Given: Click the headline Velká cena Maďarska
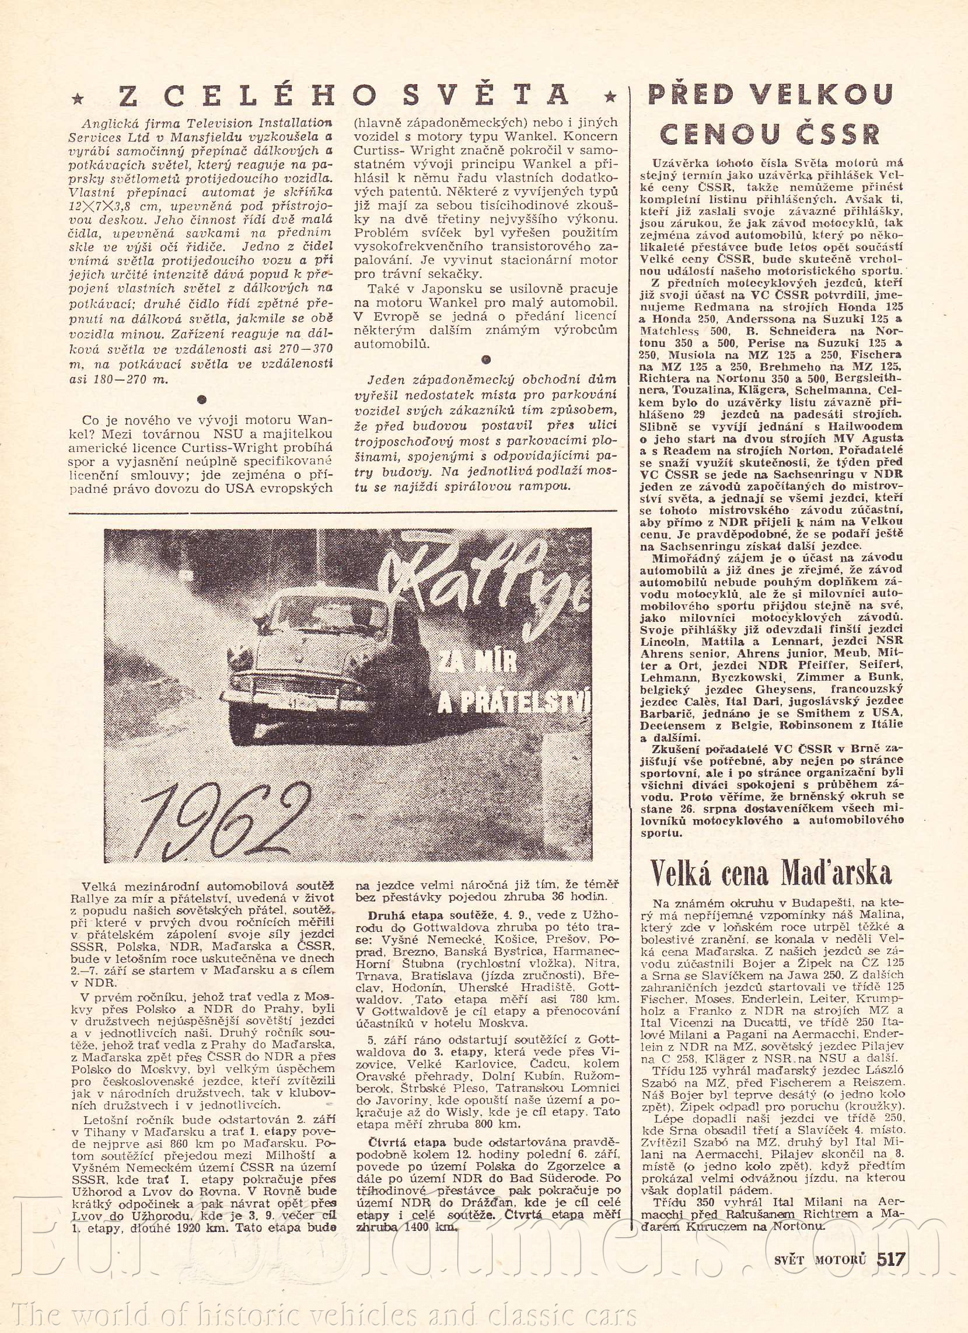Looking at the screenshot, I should (x=771, y=871).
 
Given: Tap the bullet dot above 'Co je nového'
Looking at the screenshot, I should (x=201, y=399).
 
